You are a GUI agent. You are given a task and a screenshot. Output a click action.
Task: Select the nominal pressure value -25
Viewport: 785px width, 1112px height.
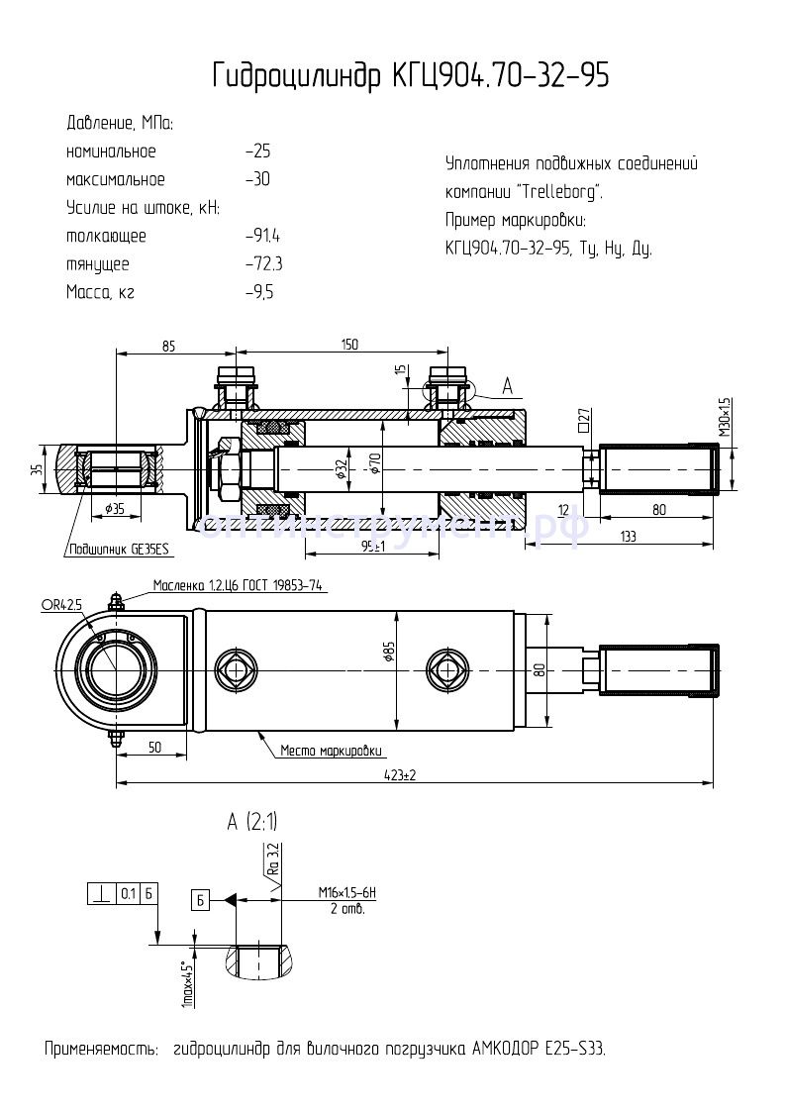pyautogui.click(x=257, y=152)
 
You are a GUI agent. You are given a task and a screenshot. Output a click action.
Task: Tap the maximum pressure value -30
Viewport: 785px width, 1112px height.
pyautogui.click(x=257, y=180)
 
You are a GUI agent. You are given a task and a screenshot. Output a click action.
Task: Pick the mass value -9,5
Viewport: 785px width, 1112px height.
pyautogui.click(x=259, y=293)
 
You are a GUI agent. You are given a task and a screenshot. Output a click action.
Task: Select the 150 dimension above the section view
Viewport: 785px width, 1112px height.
pyautogui.click(x=348, y=345)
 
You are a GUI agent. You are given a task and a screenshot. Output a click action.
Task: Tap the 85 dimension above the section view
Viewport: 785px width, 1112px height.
pyautogui.click(x=168, y=346)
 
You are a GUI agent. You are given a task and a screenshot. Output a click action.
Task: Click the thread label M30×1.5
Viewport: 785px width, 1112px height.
pyautogui.click(x=725, y=417)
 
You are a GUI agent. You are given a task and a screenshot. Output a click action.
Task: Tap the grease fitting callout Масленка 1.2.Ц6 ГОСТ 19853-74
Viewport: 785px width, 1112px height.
pyautogui.click(x=238, y=586)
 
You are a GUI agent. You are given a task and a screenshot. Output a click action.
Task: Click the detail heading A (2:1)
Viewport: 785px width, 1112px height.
pyautogui.click(x=252, y=822)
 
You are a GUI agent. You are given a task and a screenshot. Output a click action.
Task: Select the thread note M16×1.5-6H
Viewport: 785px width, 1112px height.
pyautogui.click(x=347, y=893)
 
